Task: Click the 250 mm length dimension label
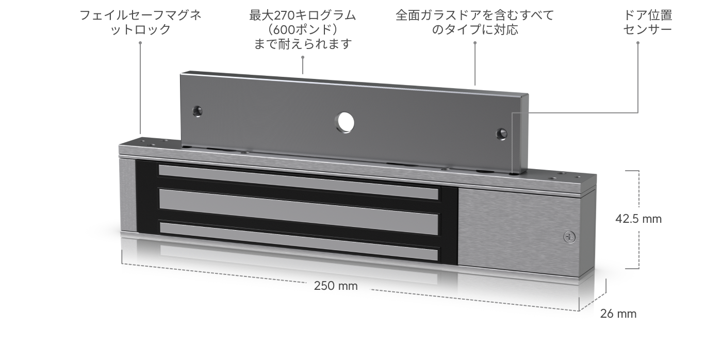click(336, 286)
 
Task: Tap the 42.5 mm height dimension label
click(638, 219)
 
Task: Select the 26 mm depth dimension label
click(618, 314)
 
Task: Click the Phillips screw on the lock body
click(569, 237)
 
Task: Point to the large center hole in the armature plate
click(344, 122)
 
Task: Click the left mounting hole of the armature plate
click(197, 111)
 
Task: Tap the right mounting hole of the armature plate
click(501, 134)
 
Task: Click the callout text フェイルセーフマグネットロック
click(140, 22)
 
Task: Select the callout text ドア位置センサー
click(648, 22)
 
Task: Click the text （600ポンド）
click(302, 29)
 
